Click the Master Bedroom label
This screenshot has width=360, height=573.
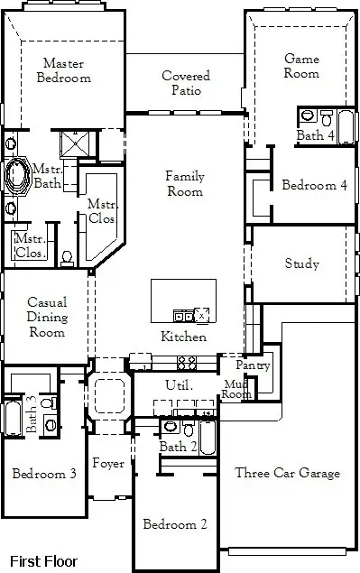coord(63,70)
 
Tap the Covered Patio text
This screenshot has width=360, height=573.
coord(186,83)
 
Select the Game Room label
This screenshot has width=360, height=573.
coord(301,66)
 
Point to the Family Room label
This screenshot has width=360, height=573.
coord(184,184)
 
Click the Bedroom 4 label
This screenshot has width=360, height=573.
coord(314,186)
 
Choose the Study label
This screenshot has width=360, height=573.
coord(301,264)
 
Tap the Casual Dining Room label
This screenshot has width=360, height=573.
coord(46,317)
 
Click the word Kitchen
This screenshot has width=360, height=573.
coord(184,337)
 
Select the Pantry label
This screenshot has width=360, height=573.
coord(253,365)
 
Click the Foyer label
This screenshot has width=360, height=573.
coord(108,464)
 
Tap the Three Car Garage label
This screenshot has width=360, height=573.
coord(287,473)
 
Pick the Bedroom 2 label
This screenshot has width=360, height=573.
coord(176,523)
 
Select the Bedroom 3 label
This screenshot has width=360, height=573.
coord(43,473)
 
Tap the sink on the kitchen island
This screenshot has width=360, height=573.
coord(183,315)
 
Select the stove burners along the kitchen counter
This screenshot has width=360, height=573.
coord(188,363)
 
